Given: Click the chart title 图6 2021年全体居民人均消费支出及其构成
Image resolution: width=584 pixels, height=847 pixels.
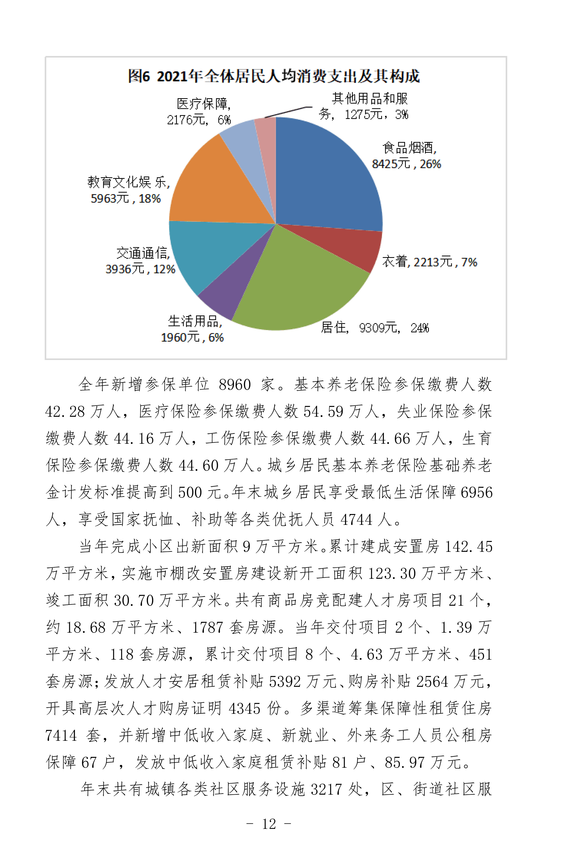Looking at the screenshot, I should pyautogui.click(x=274, y=76).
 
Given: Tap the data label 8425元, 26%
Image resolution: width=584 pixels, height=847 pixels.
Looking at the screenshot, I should pyautogui.click(x=406, y=164).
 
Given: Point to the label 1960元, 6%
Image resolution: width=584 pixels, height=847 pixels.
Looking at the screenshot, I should pyautogui.click(x=192, y=337).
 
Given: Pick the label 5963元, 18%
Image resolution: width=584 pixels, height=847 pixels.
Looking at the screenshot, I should pyautogui.click(x=126, y=199).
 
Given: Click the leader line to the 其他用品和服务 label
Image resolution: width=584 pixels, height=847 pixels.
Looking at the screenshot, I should pyautogui.click(x=289, y=112).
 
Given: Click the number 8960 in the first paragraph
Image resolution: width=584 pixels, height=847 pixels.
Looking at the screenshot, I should pyautogui.click(x=235, y=385).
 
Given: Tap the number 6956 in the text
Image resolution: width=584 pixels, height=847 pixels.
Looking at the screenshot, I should pyautogui.click(x=477, y=492).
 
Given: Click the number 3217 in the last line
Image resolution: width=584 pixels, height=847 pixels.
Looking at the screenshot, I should pyautogui.click(x=326, y=789).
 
